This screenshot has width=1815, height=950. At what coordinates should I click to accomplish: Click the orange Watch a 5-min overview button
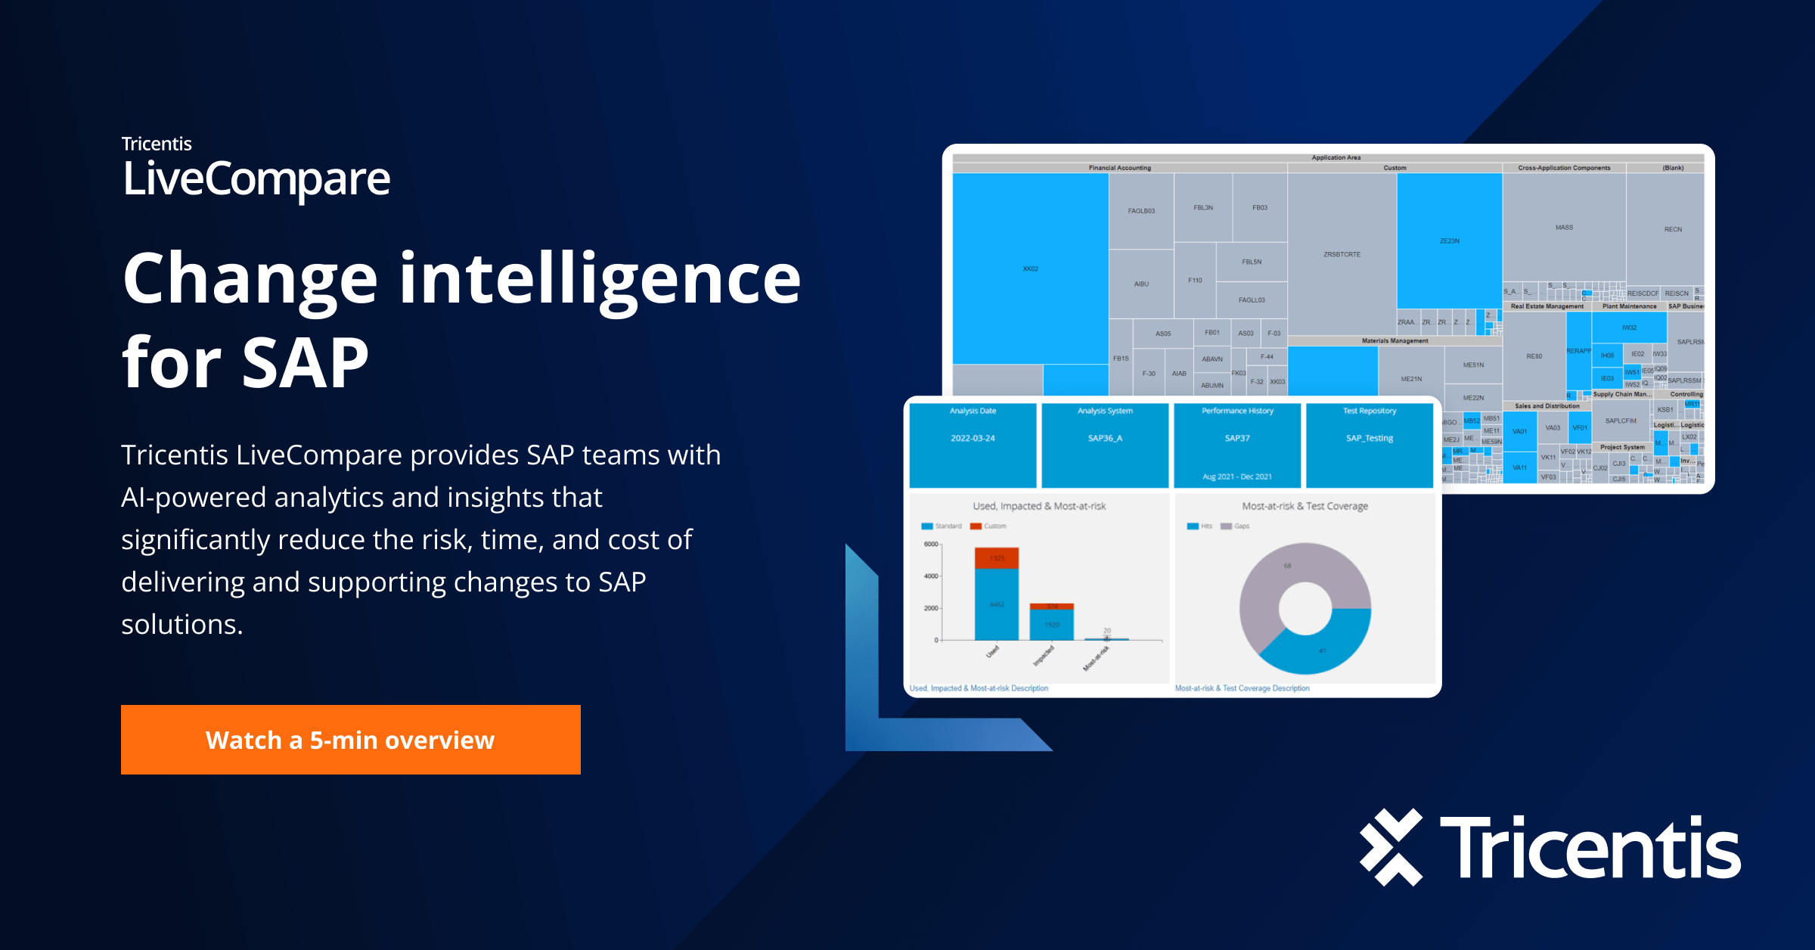coord(350,740)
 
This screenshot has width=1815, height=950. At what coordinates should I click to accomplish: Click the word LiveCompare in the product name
coord(256,179)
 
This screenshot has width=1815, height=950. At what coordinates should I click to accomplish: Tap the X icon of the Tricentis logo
coord(1391,847)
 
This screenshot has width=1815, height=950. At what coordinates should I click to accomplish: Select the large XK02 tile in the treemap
coord(1030,269)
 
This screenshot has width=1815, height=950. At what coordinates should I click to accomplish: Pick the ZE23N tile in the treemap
coord(1449,241)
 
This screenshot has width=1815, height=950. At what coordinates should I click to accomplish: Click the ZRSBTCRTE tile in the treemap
coord(1342,254)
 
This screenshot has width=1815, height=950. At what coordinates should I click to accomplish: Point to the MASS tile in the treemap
coord(1564,227)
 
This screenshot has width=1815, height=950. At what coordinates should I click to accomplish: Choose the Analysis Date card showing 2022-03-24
coord(973,444)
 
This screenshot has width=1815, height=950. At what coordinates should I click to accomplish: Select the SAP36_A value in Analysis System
coord(1105,439)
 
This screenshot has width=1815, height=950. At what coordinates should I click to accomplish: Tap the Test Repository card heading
coord(1370,411)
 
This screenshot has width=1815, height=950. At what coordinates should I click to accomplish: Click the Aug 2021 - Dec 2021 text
coord(1237,477)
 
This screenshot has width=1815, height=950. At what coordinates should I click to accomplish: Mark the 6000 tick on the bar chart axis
coord(931,545)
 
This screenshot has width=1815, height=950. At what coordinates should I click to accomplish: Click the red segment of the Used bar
coord(997,558)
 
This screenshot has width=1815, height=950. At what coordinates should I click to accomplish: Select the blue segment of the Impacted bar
coord(1052,625)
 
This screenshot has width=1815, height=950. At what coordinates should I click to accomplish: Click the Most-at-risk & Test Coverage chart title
coord(1305,506)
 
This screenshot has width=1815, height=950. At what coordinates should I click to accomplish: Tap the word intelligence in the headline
coord(600,280)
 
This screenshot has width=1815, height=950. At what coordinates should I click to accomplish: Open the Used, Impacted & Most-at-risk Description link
coord(979,688)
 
